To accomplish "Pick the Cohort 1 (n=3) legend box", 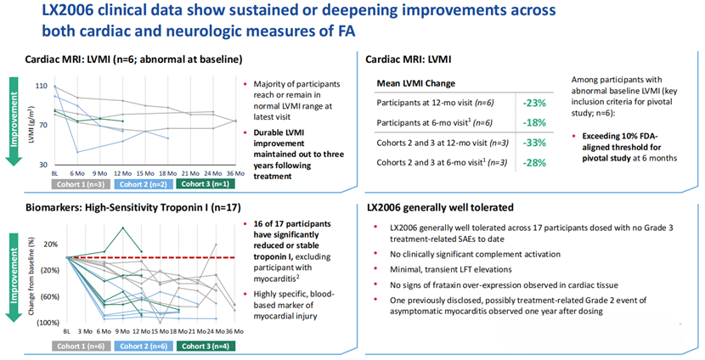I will [79, 182].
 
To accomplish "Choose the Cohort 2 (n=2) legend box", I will [140, 182].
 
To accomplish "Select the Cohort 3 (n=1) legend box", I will [200, 182].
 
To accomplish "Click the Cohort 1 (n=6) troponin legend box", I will [79, 346].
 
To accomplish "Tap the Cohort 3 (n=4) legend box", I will [200, 346].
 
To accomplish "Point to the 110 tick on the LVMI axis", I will [40, 87].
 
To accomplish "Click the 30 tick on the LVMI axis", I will [42, 164].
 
